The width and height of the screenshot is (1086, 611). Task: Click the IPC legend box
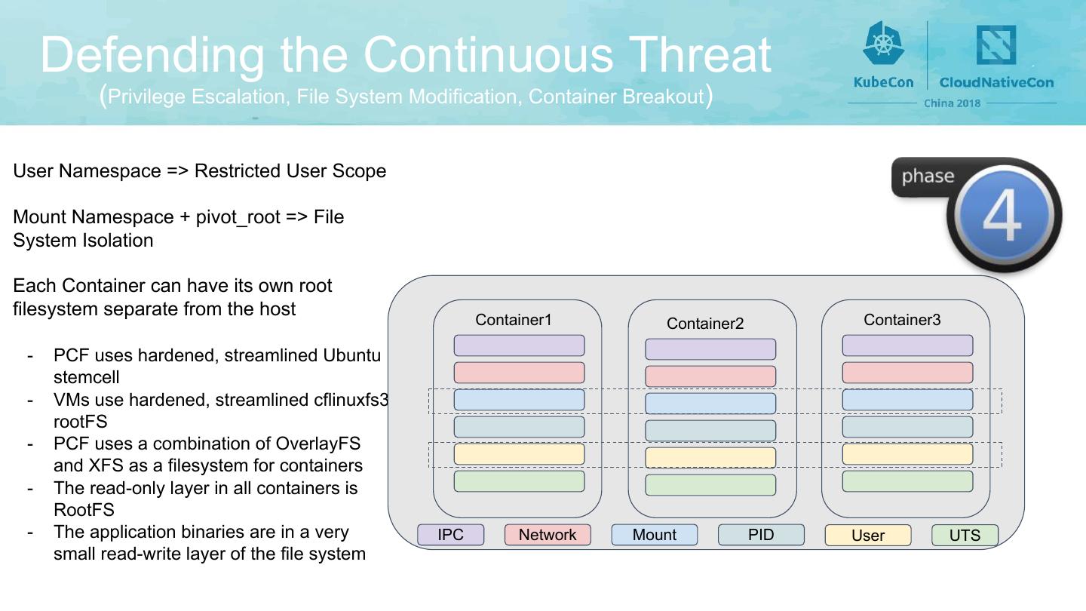[450, 534]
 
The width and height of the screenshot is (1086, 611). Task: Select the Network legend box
[548, 534]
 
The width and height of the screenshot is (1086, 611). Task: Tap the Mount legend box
[654, 534]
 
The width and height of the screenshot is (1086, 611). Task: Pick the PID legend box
[761, 534]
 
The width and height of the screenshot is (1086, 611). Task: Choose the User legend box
[868, 535]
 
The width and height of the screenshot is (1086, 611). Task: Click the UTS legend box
[965, 535]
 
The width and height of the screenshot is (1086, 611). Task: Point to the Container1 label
[514, 320]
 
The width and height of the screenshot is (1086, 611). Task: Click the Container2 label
[705, 323]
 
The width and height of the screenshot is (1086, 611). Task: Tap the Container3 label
[902, 320]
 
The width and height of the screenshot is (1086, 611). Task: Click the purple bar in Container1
[519, 345]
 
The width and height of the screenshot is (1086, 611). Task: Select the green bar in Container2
[710, 485]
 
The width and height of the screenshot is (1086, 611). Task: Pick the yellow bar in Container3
[907, 454]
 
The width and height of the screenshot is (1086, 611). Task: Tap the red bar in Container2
[710, 376]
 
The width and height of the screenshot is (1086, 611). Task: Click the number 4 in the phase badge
[1002, 215]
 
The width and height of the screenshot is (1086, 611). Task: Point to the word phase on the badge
[928, 176]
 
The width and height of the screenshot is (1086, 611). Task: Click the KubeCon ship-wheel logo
[883, 44]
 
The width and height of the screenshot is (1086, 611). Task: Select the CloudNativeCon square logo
[995, 45]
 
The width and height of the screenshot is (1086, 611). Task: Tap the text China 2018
[953, 103]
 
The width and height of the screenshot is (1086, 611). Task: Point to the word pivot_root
[238, 217]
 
